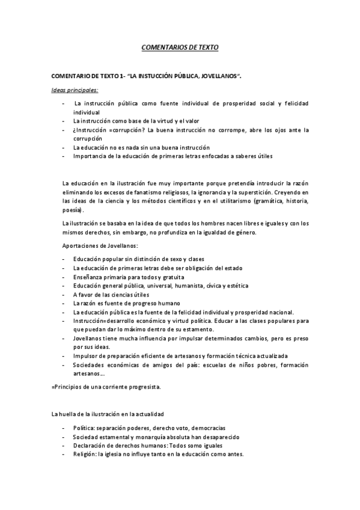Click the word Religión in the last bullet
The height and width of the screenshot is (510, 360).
pyautogui.click(x=86, y=455)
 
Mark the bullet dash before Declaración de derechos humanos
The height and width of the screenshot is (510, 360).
pyautogui.click(x=64, y=446)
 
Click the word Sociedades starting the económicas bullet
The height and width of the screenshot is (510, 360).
pyautogui.click(x=90, y=365)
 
